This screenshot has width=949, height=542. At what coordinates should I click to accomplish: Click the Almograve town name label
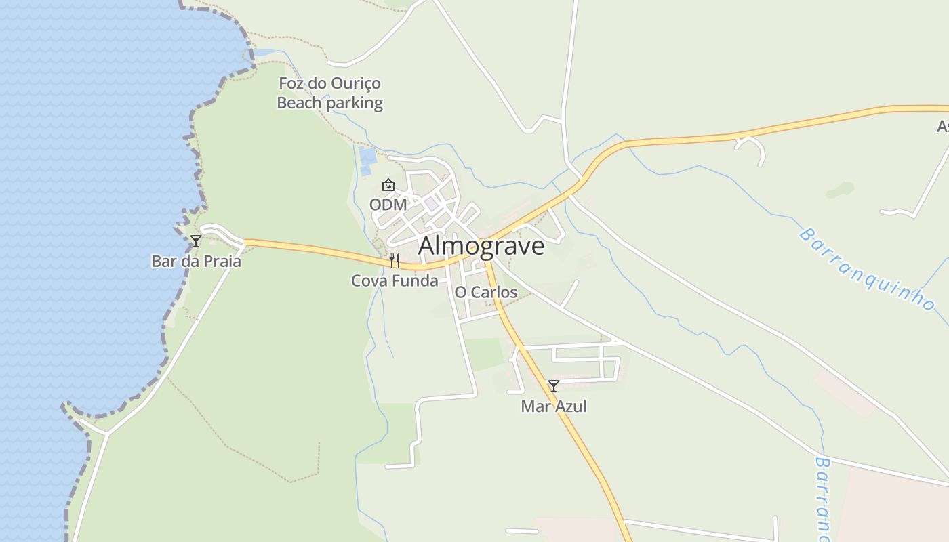click(481, 246)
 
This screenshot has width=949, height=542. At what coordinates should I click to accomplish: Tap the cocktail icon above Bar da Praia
click(196, 241)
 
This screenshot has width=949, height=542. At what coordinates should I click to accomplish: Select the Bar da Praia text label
click(196, 262)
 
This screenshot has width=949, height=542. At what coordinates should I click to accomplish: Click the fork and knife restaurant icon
click(395, 260)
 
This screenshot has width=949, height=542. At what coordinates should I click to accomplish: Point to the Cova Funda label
click(395, 280)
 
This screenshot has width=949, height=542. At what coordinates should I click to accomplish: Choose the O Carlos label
click(485, 293)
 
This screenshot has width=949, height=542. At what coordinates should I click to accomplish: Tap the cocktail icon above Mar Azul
click(554, 386)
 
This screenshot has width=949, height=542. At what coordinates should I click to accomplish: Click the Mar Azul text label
click(554, 406)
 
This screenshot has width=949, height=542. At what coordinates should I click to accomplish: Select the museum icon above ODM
click(388, 185)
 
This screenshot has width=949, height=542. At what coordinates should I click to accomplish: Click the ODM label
click(388, 205)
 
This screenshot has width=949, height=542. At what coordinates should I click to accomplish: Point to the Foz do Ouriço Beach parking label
click(330, 93)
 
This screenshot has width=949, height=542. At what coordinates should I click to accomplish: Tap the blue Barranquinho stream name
click(866, 269)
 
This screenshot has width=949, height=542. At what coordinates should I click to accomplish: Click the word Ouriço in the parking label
click(356, 84)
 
